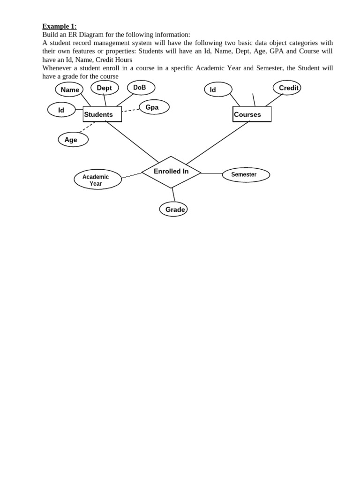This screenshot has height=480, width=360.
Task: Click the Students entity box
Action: pos(102,114)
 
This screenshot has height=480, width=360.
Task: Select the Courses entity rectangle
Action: pos(252,114)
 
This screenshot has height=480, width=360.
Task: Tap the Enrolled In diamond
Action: pos(171,172)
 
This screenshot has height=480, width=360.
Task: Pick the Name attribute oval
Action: pos(69,90)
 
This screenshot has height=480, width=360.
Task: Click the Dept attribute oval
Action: pos(105,88)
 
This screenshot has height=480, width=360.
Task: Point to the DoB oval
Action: pos(141,88)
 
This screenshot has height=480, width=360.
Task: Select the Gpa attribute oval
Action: pos(154,107)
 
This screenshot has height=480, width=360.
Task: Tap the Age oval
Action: pos(73,140)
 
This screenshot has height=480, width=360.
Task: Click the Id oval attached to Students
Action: pos(61,110)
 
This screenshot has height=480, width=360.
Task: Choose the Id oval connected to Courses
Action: pos(218,90)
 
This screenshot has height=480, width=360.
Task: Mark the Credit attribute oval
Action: pos(287,88)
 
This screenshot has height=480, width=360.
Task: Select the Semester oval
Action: pos(246,175)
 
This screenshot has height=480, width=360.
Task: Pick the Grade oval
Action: pos(173,210)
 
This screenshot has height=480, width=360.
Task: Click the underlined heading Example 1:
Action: pos(60,26)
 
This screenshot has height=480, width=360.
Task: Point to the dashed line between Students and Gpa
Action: pos(130,111)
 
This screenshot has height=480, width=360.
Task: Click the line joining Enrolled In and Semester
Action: pos(211,173)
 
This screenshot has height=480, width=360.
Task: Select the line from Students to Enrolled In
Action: pos(133,142)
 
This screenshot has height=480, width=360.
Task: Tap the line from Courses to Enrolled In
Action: pos(217,142)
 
